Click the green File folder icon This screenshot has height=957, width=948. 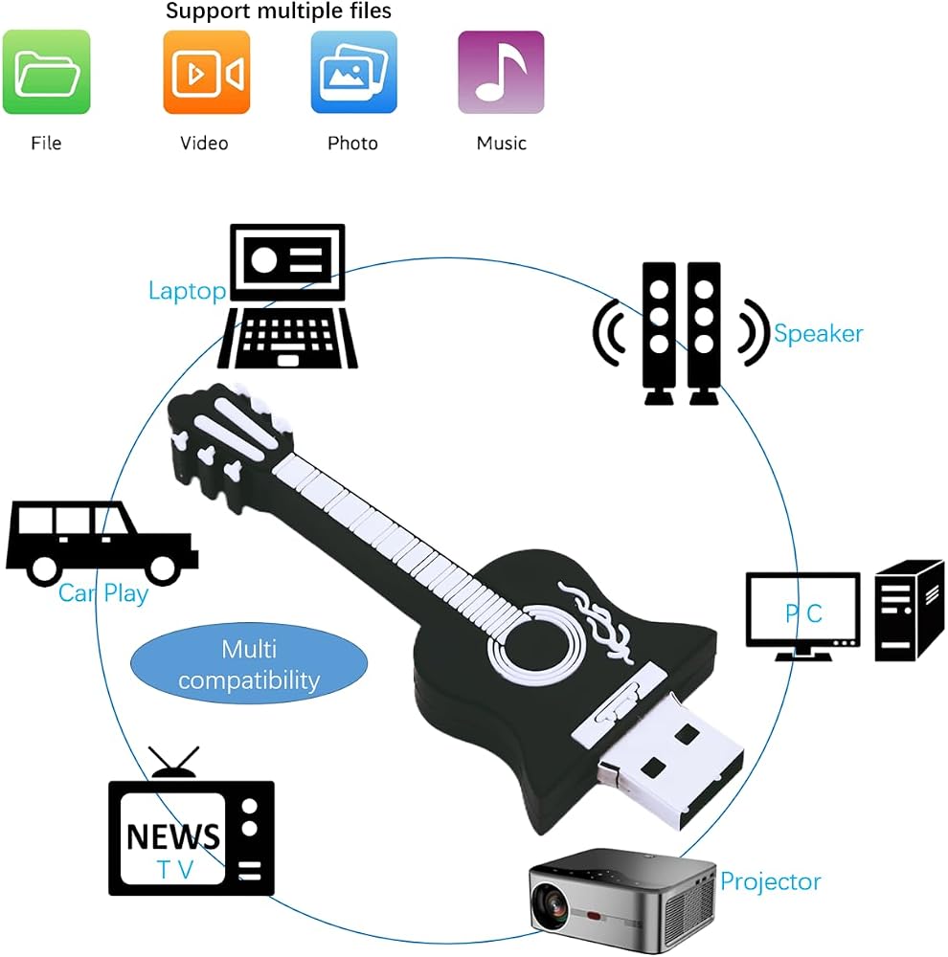(46, 72)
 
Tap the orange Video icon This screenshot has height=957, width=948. (207, 72)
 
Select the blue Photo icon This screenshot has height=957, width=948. (353, 72)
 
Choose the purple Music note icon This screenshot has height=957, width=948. (501, 72)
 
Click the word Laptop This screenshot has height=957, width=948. (187, 291)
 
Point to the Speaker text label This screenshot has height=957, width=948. (819, 334)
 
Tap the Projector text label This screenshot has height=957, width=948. (770, 882)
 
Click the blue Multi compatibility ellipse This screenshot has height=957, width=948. (249, 664)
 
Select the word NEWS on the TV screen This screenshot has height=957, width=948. (173, 836)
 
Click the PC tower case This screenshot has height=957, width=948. (910, 611)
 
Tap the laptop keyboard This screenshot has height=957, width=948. (287, 339)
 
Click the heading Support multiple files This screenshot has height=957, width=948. (279, 11)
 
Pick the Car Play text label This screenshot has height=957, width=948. (103, 593)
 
